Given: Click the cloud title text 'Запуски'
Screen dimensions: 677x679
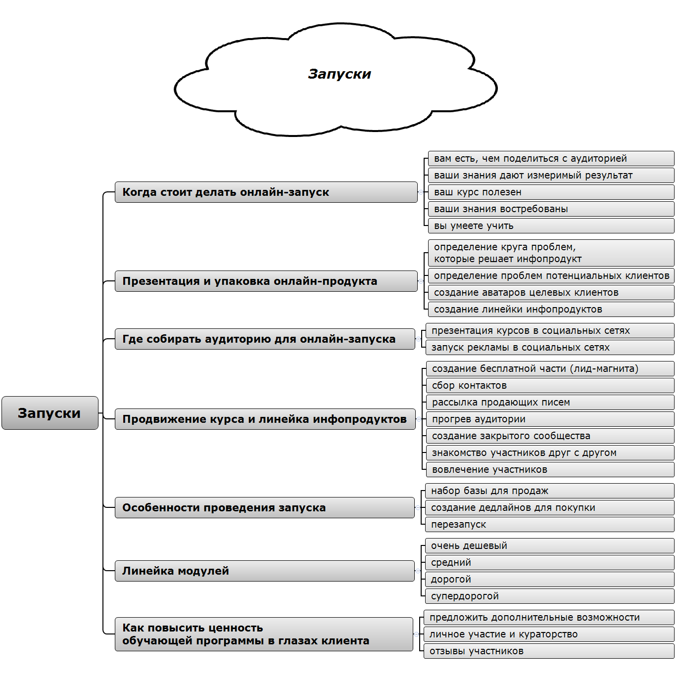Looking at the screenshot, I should point(339,74).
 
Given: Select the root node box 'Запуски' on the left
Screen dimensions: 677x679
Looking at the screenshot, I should point(50,413).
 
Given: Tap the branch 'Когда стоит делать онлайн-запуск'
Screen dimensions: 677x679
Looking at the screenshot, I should point(266,192).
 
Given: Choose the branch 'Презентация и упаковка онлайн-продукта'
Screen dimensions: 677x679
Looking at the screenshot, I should point(266,281).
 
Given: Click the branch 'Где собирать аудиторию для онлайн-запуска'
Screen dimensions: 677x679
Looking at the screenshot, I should point(265,339).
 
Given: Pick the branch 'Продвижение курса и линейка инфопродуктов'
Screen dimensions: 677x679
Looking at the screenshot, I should point(265,419).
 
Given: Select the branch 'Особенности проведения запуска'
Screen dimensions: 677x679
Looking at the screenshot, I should point(264,508).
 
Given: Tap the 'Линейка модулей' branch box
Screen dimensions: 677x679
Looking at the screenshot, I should point(264,571).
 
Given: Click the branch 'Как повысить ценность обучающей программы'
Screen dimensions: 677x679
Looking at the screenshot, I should point(264,634).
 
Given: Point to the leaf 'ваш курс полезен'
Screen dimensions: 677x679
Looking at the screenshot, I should point(550,192).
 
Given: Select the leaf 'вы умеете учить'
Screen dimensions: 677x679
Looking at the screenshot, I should point(550,226).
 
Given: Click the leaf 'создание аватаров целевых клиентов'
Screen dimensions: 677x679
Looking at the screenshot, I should point(550,293).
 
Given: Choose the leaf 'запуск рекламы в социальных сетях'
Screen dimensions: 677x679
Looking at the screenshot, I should point(549,348).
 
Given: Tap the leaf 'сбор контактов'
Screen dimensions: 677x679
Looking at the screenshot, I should point(549,386).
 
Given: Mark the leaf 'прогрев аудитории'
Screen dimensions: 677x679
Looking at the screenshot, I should point(549,419).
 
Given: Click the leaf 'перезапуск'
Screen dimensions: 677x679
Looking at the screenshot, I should point(549,525).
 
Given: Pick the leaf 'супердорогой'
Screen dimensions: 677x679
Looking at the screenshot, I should point(549,596).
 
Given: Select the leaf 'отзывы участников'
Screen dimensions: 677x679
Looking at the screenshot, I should point(548,651).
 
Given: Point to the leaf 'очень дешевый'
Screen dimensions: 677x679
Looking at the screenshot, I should point(549,546).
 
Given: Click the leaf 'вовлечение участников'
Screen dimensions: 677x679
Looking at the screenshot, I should point(549,470).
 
